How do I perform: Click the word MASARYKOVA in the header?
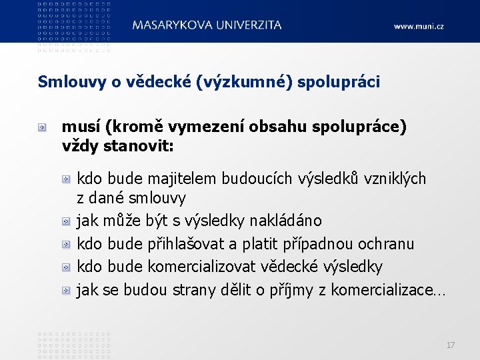click(x=171, y=25)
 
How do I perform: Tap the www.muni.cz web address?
click(x=418, y=27)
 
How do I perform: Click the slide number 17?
click(x=451, y=345)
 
